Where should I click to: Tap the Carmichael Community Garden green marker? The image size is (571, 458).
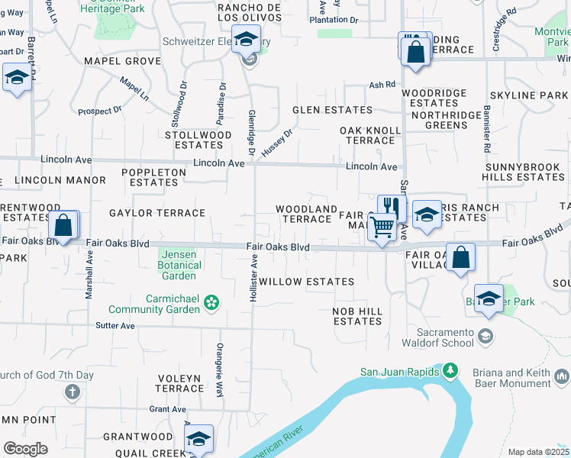click(x=211, y=304)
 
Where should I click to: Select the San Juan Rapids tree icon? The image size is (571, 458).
click(x=450, y=372)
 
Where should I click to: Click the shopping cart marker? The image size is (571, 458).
click(x=382, y=227)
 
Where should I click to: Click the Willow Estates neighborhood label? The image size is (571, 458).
click(x=306, y=282)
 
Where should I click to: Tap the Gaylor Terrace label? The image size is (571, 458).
click(x=157, y=213)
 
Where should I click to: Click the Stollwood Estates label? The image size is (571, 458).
click(x=198, y=140)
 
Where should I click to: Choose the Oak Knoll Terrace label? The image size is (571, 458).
click(x=370, y=135)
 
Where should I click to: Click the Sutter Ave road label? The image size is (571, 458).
click(x=115, y=326)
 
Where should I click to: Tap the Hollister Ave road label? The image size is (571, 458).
click(x=253, y=278)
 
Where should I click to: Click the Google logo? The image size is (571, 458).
click(x=25, y=449)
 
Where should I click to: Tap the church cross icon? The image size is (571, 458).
click(x=72, y=392)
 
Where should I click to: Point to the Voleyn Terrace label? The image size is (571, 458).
click(x=179, y=383)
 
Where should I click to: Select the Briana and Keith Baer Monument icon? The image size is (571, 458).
click(x=562, y=376)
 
